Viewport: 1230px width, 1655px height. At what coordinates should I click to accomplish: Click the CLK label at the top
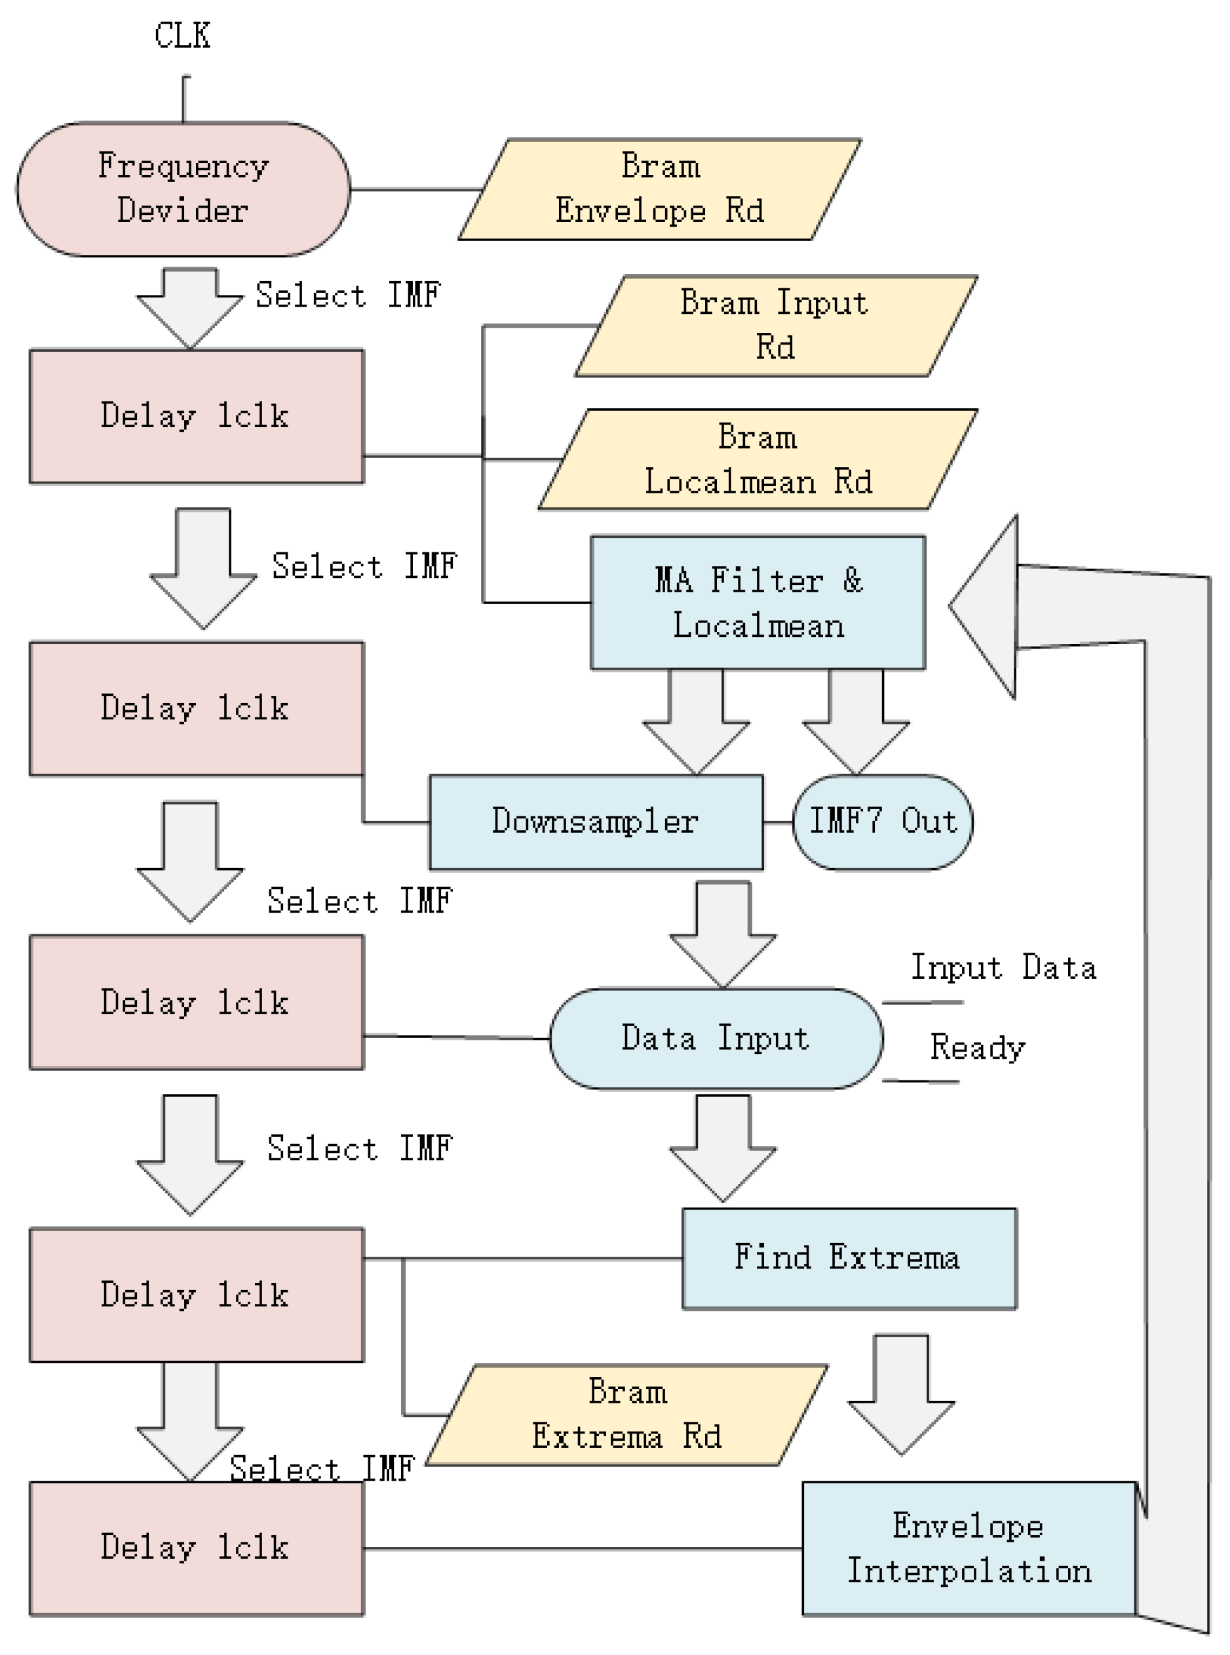coord(182,35)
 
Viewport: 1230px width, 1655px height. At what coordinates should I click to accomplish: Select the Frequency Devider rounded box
coord(183,189)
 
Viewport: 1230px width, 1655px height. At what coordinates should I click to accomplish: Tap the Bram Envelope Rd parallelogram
coord(660,189)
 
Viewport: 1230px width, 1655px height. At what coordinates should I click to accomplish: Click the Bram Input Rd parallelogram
coord(775,326)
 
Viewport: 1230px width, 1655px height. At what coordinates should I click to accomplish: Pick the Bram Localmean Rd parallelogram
coord(758,459)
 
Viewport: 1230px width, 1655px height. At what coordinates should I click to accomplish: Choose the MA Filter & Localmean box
coord(758,603)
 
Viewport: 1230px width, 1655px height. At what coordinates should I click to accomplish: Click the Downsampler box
coord(596,822)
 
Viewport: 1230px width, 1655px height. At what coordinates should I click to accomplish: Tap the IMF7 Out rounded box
coord(882,822)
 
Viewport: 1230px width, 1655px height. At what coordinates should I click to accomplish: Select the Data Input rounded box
coord(716,1038)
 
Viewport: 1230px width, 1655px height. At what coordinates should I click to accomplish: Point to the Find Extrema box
coord(849,1258)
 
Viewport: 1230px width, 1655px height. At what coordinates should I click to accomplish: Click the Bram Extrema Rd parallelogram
coord(627,1415)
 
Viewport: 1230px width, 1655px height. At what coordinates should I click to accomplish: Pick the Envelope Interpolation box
coord(969,1549)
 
